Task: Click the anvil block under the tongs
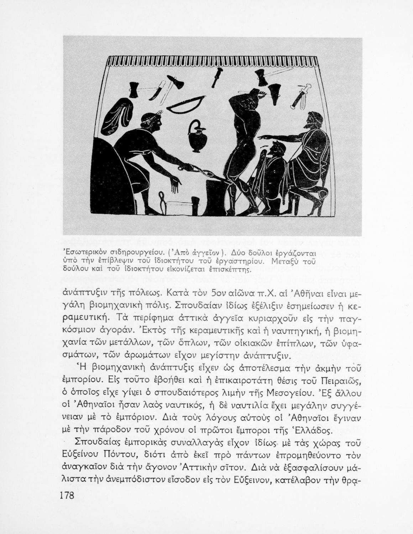214,197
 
